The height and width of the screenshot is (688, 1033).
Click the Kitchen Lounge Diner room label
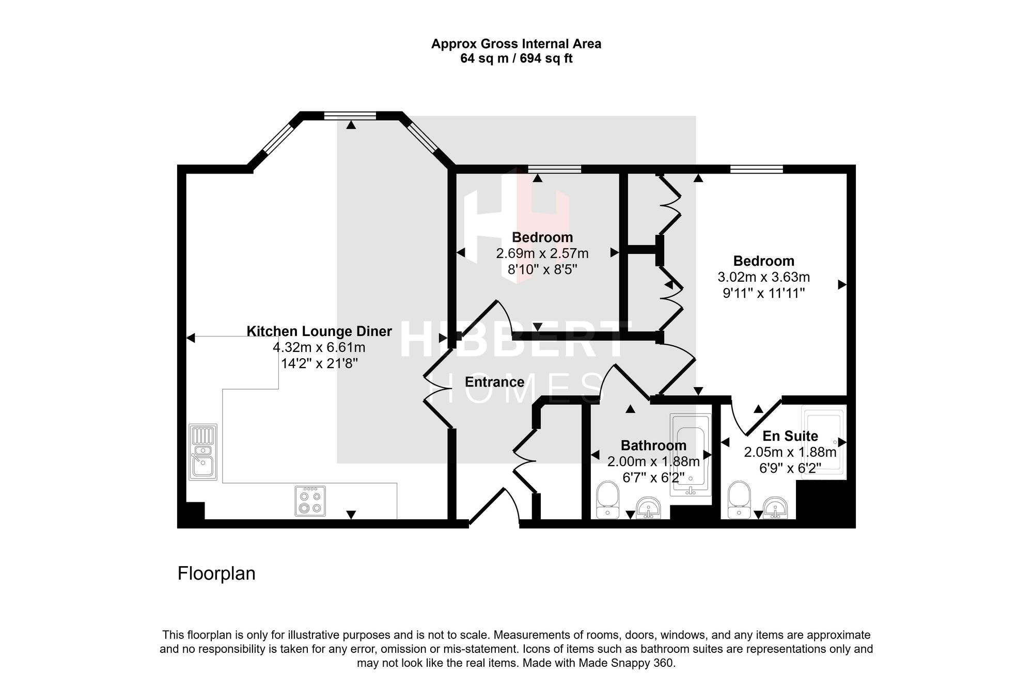tap(319, 331)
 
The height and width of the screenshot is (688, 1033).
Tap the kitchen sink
tap(203, 452)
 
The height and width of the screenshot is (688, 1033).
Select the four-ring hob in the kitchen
tap(310, 501)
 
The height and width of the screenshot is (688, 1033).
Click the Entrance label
tap(494, 382)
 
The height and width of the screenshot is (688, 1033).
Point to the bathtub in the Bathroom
tap(690, 455)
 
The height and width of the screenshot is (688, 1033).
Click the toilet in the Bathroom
tap(607, 500)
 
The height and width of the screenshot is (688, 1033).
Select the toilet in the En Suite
tap(739, 500)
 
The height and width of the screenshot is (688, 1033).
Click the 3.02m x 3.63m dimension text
tap(764, 277)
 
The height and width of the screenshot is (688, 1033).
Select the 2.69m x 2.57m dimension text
tap(542, 253)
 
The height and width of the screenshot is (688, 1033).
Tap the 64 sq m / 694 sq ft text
tap(516, 58)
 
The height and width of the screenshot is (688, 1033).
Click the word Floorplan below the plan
tap(216, 573)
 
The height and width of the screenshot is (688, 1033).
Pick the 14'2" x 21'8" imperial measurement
tap(319, 363)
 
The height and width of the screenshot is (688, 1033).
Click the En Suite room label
tap(790, 436)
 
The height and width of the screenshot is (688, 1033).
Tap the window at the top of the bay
tap(350, 116)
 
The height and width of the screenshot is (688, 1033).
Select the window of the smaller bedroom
tap(554, 169)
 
